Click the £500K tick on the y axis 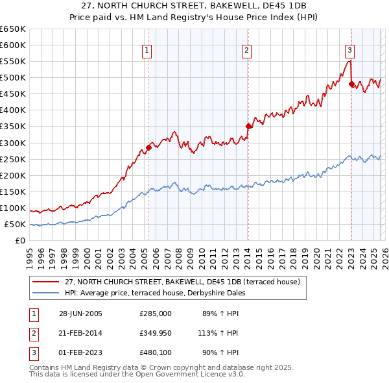[x=13, y=78]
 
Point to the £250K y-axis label [x=13, y=159]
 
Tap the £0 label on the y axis [x=19, y=241]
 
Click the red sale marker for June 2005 [x=148, y=147]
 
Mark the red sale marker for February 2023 [x=351, y=84]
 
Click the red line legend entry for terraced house [x=182, y=282]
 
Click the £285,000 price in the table [x=156, y=313]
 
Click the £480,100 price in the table [x=156, y=353]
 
